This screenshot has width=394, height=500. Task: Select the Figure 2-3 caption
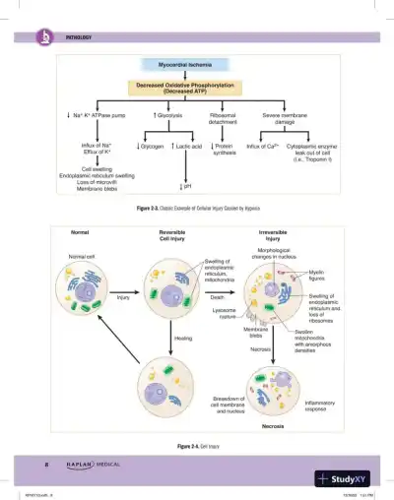tap(195, 210)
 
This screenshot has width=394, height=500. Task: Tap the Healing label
tap(183, 339)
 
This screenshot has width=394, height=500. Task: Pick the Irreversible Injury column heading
tap(273, 235)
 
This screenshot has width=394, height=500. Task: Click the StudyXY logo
tap(352, 478)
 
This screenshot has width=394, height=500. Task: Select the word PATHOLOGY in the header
tap(78, 37)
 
